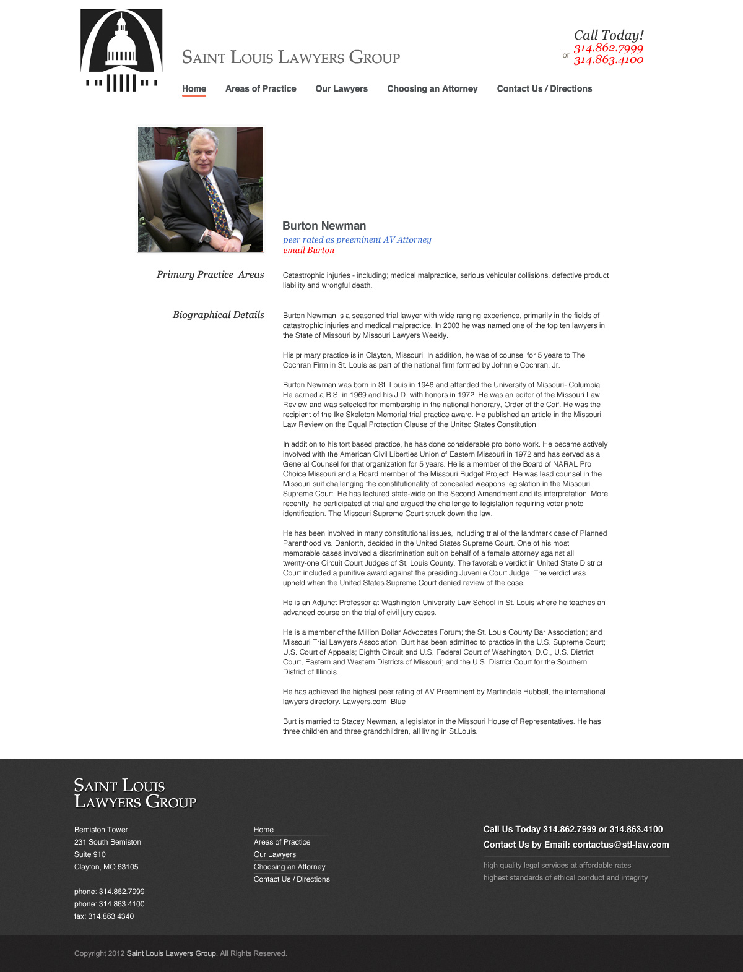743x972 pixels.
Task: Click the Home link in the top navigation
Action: point(194,88)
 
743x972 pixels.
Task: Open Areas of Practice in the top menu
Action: point(261,88)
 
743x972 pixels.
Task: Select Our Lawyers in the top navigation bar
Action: point(341,88)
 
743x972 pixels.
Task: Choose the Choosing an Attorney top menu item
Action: point(432,88)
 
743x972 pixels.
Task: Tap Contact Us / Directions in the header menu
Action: point(544,88)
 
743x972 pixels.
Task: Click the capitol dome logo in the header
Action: point(121,51)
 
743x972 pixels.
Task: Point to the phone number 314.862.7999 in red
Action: point(608,48)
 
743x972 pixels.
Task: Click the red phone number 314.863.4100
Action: point(608,60)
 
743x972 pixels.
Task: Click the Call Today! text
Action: point(608,35)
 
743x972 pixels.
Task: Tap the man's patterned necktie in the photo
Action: point(216,205)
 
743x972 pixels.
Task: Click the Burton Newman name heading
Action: point(324,226)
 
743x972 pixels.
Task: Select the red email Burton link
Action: point(308,250)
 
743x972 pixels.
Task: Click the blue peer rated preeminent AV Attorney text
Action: point(357,239)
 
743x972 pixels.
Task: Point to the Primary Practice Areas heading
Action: point(210,275)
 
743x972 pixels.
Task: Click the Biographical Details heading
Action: point(218,315)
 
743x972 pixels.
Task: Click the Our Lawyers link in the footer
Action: point(274,854)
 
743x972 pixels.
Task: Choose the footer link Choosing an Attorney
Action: point(289,867)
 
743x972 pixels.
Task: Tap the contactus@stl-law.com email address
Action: point(620,845)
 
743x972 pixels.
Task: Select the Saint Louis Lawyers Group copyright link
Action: point(171,953)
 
